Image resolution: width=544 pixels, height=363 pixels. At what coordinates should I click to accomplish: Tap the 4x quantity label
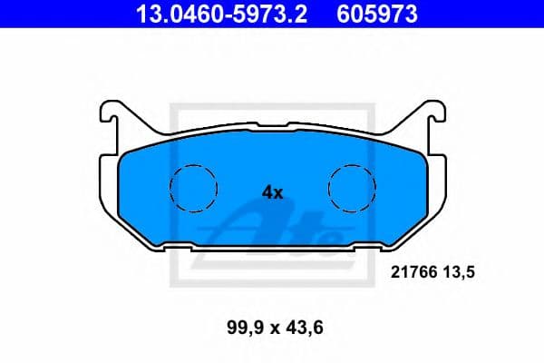click(272, 191)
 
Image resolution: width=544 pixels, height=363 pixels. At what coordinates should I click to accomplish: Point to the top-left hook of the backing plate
click(109, 113)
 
